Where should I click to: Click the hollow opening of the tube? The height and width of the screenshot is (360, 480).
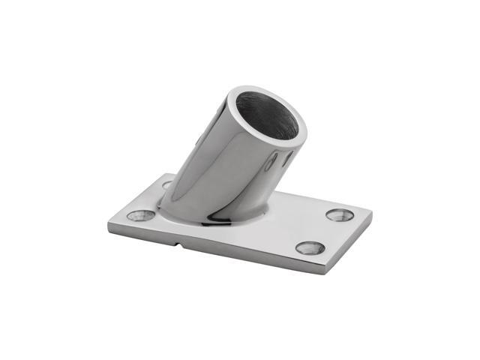click(273, 118)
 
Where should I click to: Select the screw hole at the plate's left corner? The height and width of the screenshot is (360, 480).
click(140, 215)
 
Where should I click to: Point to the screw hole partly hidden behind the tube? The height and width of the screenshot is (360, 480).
click(166, 184)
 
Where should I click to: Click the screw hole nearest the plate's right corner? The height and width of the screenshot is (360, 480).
click(340, 214)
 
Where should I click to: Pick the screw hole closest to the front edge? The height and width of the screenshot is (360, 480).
click(310, 247)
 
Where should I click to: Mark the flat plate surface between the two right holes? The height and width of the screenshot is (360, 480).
click(324, 231)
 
